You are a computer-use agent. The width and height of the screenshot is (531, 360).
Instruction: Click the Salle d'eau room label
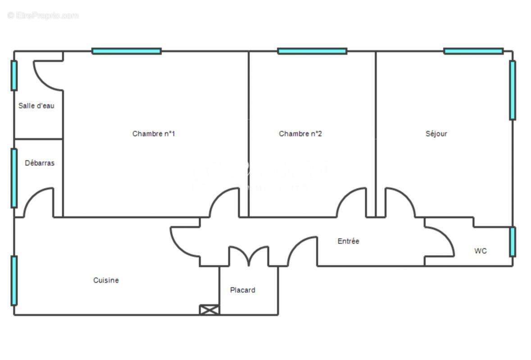[x=36, y=106]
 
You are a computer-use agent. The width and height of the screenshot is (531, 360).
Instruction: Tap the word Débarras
[x=40, y=163]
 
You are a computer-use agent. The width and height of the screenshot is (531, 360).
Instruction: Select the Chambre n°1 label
[x=154, y=134]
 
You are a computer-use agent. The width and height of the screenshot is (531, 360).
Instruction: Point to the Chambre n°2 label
[x=300, y=134]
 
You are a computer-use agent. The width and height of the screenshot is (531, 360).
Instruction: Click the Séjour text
[x=436, y=134]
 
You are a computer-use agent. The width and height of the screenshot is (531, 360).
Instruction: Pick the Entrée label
[x=349, y=241]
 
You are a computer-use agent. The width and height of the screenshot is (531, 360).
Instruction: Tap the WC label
[x=481, y=251]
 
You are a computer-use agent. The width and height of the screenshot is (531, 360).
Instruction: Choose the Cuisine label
[x=106, y=280]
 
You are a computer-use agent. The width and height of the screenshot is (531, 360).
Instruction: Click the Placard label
[x=243, y=290]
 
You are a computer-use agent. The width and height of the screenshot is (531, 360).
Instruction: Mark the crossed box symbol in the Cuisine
[x=209, y=310]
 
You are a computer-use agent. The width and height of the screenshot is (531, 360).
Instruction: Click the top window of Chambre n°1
[x=127, y=51]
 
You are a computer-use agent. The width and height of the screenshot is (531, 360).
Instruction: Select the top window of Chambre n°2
[x=312, y=51]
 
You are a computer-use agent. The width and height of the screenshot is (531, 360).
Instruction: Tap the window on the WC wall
[x=513, y=242]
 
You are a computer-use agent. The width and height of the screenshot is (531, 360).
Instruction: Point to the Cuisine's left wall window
[x=14, y=280]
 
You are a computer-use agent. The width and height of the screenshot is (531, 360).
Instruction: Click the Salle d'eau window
[x=14, y=76]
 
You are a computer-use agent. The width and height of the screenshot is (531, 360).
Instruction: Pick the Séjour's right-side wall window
[x=513, y=90]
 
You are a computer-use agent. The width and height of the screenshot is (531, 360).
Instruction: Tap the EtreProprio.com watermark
[x=43, y=16]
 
